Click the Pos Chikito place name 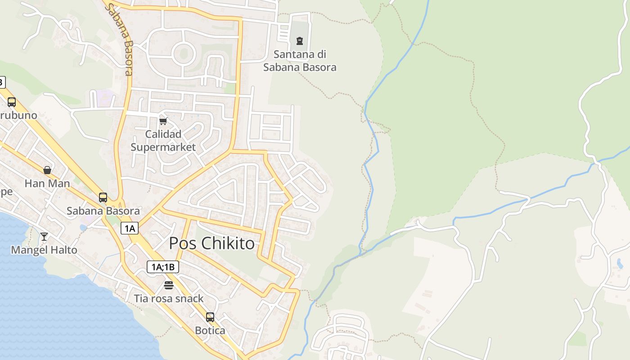(x=211, y=243)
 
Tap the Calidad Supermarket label (x=163, y=140)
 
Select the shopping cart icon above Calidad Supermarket (x=163, y=121)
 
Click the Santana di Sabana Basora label (x=300, y=61)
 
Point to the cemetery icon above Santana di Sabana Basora (x=299, y=41)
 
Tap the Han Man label (x=47, y=183)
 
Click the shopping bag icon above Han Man (x=47, y=170)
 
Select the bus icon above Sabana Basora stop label (x=103, y=197)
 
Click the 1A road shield (x=130, y=229)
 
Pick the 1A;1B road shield (x=163, y=267)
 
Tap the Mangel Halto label (x=44, y=250)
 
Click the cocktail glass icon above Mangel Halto (x=44, y=236)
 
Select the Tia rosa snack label (x=169, y=298)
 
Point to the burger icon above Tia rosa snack (x=169, y=285)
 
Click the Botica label (x=210, y=330)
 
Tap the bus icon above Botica (x=210, y=317)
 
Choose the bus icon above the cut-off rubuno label (x=12, y=102)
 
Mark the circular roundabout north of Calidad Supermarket (x=184, y=53)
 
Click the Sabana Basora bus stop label (x=103, y=211)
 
